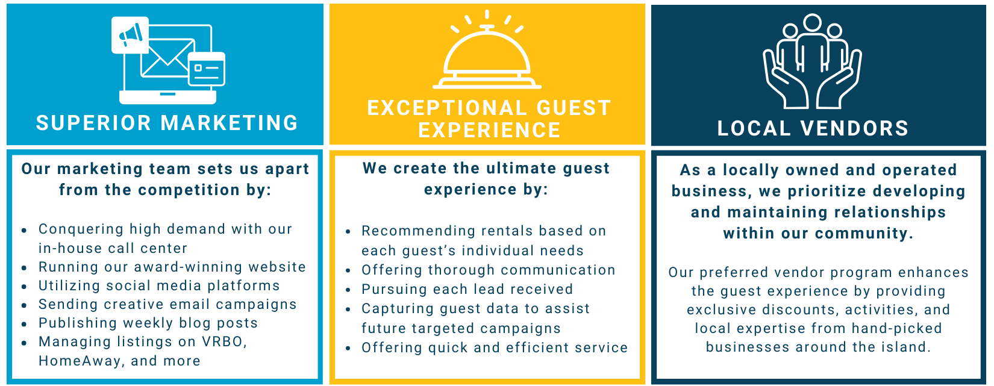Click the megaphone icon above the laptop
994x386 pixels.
click(131, 34)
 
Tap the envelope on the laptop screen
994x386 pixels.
click(167, 58)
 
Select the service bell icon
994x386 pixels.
click(487, 50)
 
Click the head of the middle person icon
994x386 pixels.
click(812, 23)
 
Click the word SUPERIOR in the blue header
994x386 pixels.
click(93, 123)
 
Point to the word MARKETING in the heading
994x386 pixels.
click(229, 123)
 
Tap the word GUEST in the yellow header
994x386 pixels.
click(574, 108)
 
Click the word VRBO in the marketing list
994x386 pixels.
click(224, 341)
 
